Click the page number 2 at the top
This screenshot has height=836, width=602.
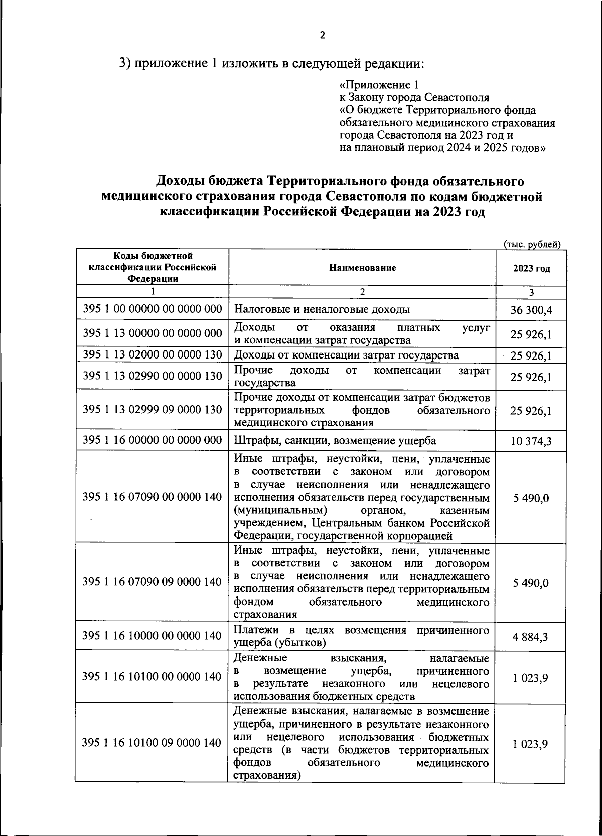click(323, 35)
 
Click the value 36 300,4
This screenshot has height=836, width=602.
click(531, 310)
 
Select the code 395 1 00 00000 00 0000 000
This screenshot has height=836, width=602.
click(152, 309)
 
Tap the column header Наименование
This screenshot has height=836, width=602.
click(362, 268)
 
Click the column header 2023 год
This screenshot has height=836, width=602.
click(531, 268)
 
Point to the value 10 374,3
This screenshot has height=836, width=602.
click(531, 442)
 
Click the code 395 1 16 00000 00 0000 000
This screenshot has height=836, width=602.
click(152, 440)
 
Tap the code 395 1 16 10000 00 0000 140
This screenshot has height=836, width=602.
click(152, 636)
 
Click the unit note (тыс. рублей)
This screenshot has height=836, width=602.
click(531, 244)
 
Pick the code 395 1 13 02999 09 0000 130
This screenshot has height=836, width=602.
click(152, 409)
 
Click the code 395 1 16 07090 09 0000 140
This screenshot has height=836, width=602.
click(152, 582)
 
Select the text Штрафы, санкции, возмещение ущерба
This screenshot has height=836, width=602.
click(335, 441)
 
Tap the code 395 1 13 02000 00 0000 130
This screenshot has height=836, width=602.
click(152, 354)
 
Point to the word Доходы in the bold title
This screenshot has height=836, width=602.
click(180, 181)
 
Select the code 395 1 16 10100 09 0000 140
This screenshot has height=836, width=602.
click(152, 742)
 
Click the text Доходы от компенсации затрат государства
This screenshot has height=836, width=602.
click(346, 355)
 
